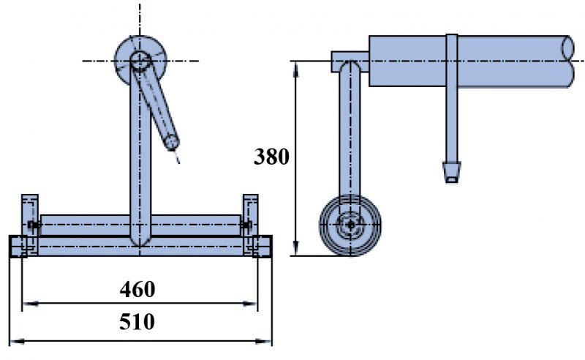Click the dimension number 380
point(271,157)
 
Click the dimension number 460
point(137,289)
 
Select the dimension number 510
point(137,322)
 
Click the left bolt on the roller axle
point(31,224)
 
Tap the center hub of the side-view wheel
point(351,224)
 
